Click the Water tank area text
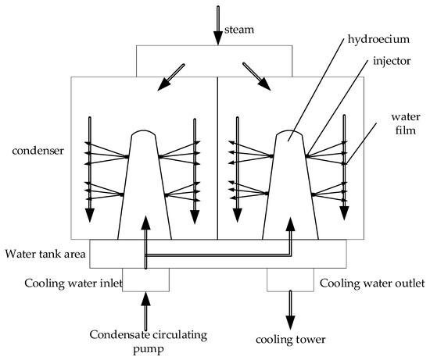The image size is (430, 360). coord(45,254)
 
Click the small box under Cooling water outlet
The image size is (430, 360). coord(290,280)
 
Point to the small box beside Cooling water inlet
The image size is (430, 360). coord(145,280)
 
